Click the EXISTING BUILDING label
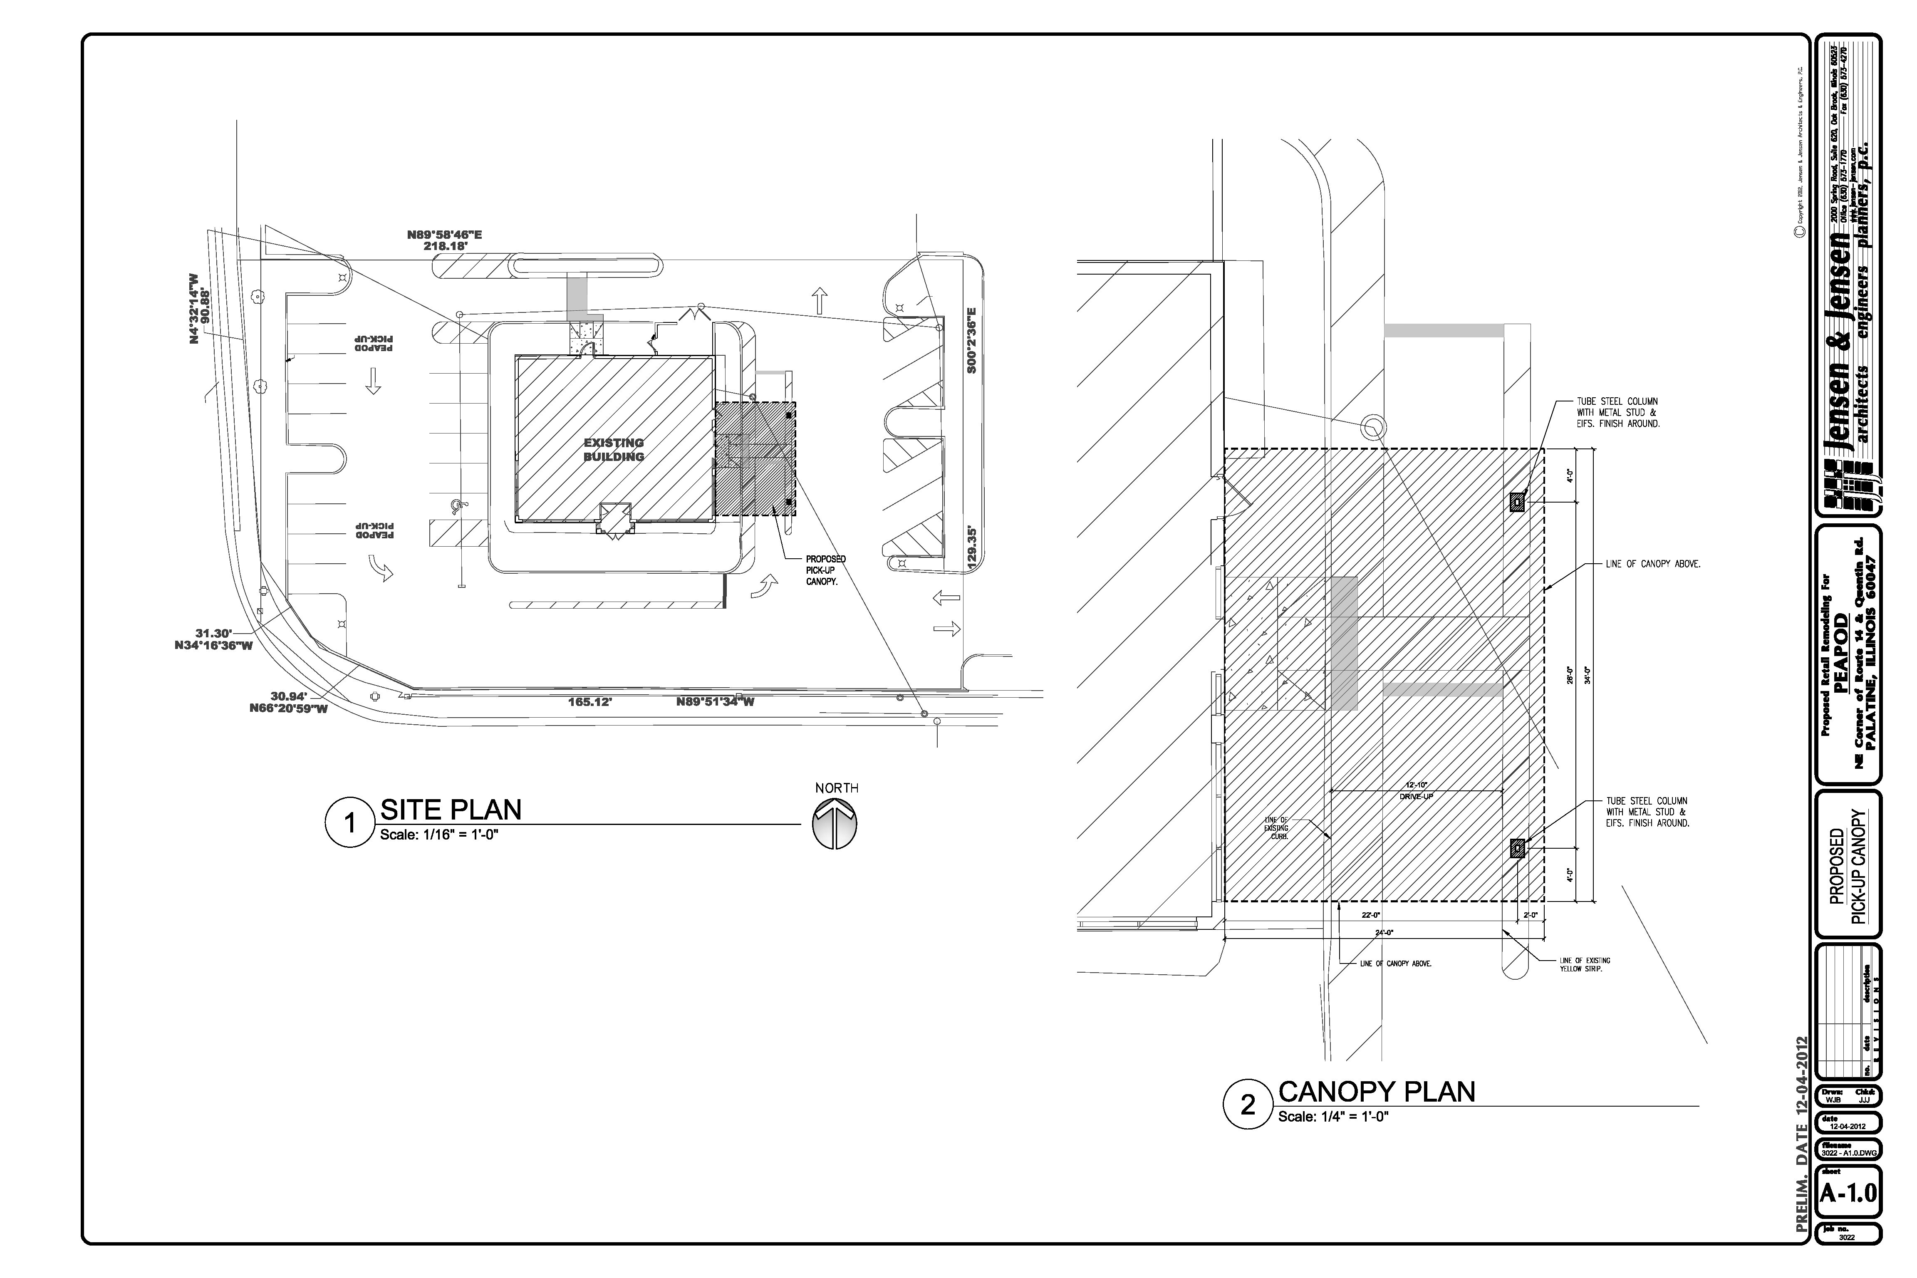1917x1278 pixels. coord(614,450)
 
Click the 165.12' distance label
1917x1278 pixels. coord(590,701)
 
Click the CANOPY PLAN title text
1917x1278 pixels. coord(1377,1091)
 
